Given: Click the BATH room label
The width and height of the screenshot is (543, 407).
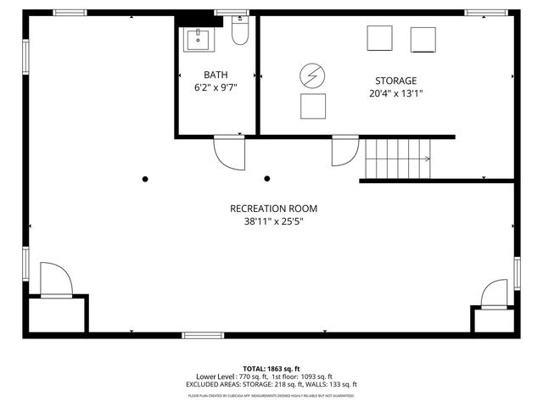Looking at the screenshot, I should [x=215, y=75].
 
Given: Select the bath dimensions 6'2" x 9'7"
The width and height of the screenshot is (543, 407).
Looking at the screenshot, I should [x=215, y=87].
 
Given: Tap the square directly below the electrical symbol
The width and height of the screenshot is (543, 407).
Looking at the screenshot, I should [x=313, y=106].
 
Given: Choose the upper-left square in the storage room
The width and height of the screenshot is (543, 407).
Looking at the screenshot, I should [x=379, y=39].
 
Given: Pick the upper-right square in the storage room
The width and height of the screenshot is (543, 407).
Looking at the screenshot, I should [x=423, y=39].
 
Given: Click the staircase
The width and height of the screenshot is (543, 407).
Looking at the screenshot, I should [x=397, y=159].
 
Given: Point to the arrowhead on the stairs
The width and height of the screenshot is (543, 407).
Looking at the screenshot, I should [x=428, y=159].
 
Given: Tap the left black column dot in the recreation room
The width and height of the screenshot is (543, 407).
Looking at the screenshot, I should [x=145, y=179].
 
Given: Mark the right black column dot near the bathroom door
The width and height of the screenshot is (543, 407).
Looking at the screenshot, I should [x=267, y=179].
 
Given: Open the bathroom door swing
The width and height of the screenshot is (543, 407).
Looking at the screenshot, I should [x=227, y=152].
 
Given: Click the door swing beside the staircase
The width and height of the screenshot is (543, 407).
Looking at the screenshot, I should [x=344, y=150].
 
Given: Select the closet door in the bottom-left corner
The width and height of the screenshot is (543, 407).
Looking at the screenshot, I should [x=54, y=281].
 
